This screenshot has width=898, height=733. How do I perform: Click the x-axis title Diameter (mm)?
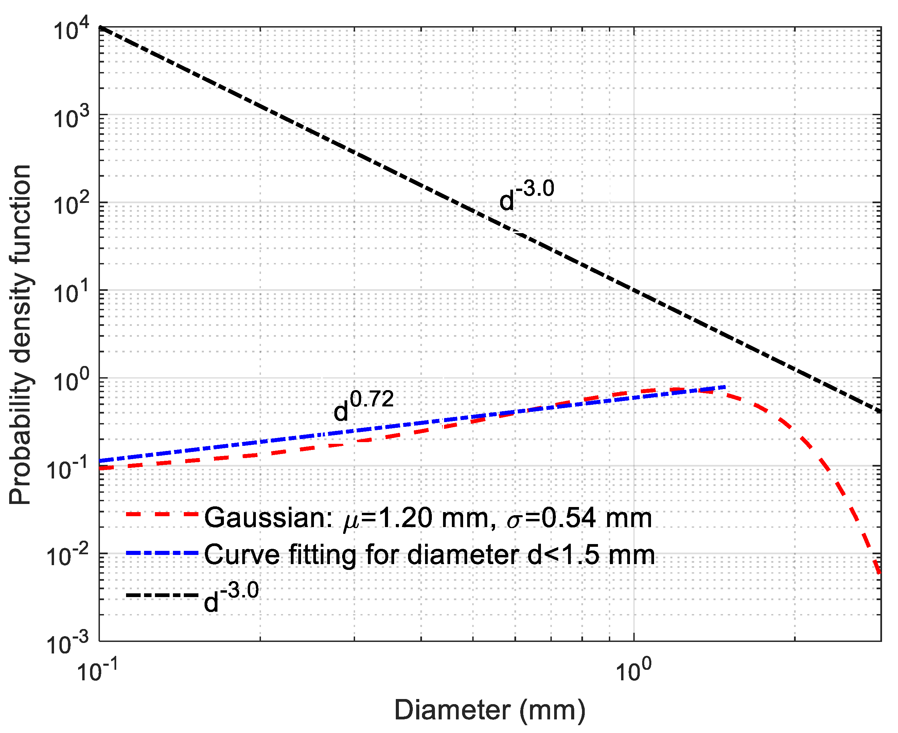pos(490,710)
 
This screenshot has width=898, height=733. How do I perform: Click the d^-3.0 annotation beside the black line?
pos(526,195)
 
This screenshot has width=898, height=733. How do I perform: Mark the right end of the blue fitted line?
pos(724,387)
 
